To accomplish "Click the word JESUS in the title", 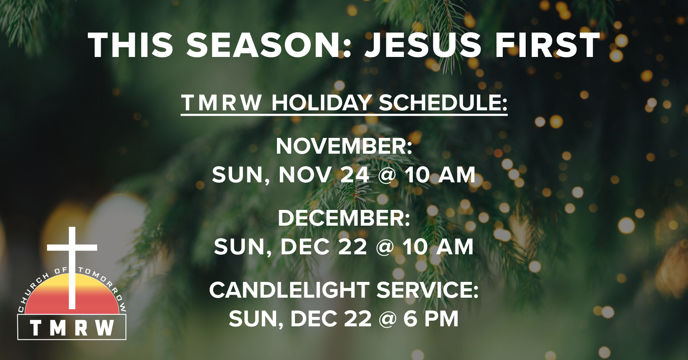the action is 423,45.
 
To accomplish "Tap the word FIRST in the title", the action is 548,45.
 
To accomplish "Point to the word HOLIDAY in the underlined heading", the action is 321,103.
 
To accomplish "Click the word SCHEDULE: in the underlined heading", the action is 443,103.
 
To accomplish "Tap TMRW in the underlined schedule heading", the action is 222,103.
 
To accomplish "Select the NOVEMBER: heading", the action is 344,146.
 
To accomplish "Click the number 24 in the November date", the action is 355,175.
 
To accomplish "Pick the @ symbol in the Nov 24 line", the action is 387,175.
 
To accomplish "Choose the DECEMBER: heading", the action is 344,218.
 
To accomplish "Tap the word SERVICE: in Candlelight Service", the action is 427,290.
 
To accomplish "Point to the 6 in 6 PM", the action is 410,318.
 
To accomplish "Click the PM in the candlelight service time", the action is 441,318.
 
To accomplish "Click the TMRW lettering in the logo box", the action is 72,328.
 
